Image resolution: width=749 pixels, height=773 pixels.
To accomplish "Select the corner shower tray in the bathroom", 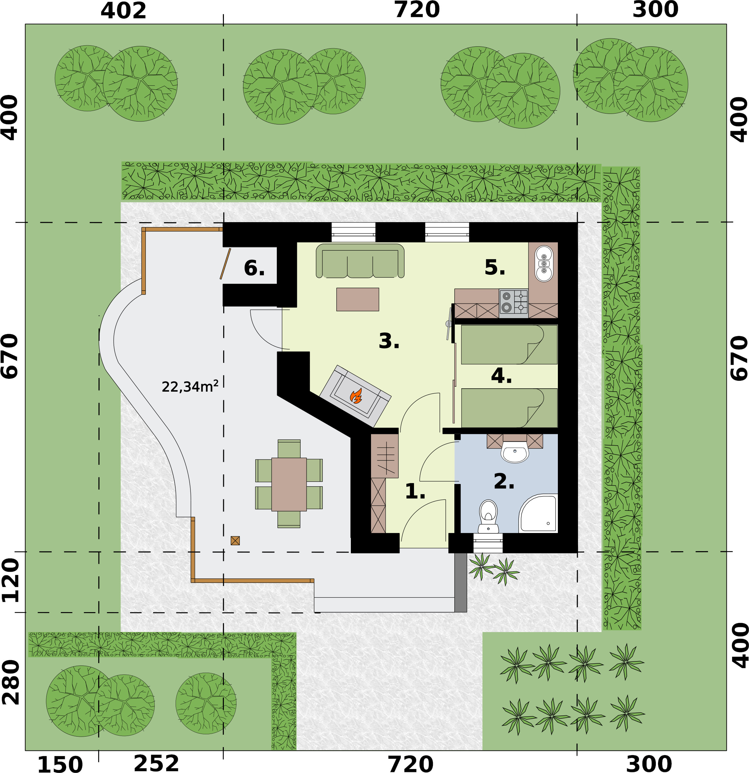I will click(x=539, y=514).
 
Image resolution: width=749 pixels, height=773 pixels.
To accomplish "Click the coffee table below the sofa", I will click(x=357, y=299).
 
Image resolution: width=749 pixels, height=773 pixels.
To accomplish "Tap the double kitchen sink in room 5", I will click(x=544, y=264).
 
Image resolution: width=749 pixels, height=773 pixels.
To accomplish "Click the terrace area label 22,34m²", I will click(x=190, y=387).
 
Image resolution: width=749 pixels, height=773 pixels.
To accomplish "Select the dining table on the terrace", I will click(x=289, y=484).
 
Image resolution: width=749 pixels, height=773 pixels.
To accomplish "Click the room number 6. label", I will click(x=254, y=268).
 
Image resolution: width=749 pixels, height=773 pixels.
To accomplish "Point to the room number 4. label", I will click(x=501, y=375).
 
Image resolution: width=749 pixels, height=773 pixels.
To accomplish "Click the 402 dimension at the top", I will click(x=123, y=11).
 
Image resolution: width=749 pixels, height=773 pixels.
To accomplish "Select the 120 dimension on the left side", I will click(x=10, y=580).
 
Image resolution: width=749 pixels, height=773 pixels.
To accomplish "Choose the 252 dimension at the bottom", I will click(x=156, y=763).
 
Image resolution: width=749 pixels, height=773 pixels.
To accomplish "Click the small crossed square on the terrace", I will click(x=235, y=541).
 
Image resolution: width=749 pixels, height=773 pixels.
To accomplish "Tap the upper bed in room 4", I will click(x=509, y=344).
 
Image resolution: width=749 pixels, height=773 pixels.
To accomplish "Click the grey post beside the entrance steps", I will click(x=460, y=582).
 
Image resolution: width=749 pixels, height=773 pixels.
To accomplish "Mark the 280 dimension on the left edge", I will click(x=10, y=683).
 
